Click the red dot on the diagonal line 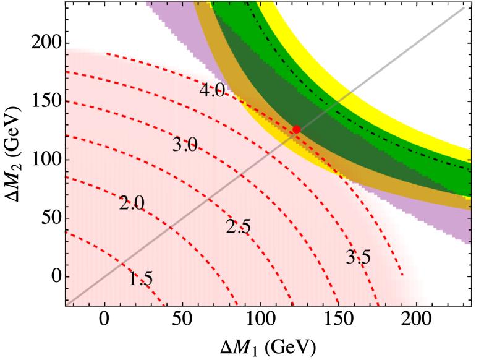[297, 129]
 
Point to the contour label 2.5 [238, 227]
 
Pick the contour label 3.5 [358, 256]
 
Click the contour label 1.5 [140, 280]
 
